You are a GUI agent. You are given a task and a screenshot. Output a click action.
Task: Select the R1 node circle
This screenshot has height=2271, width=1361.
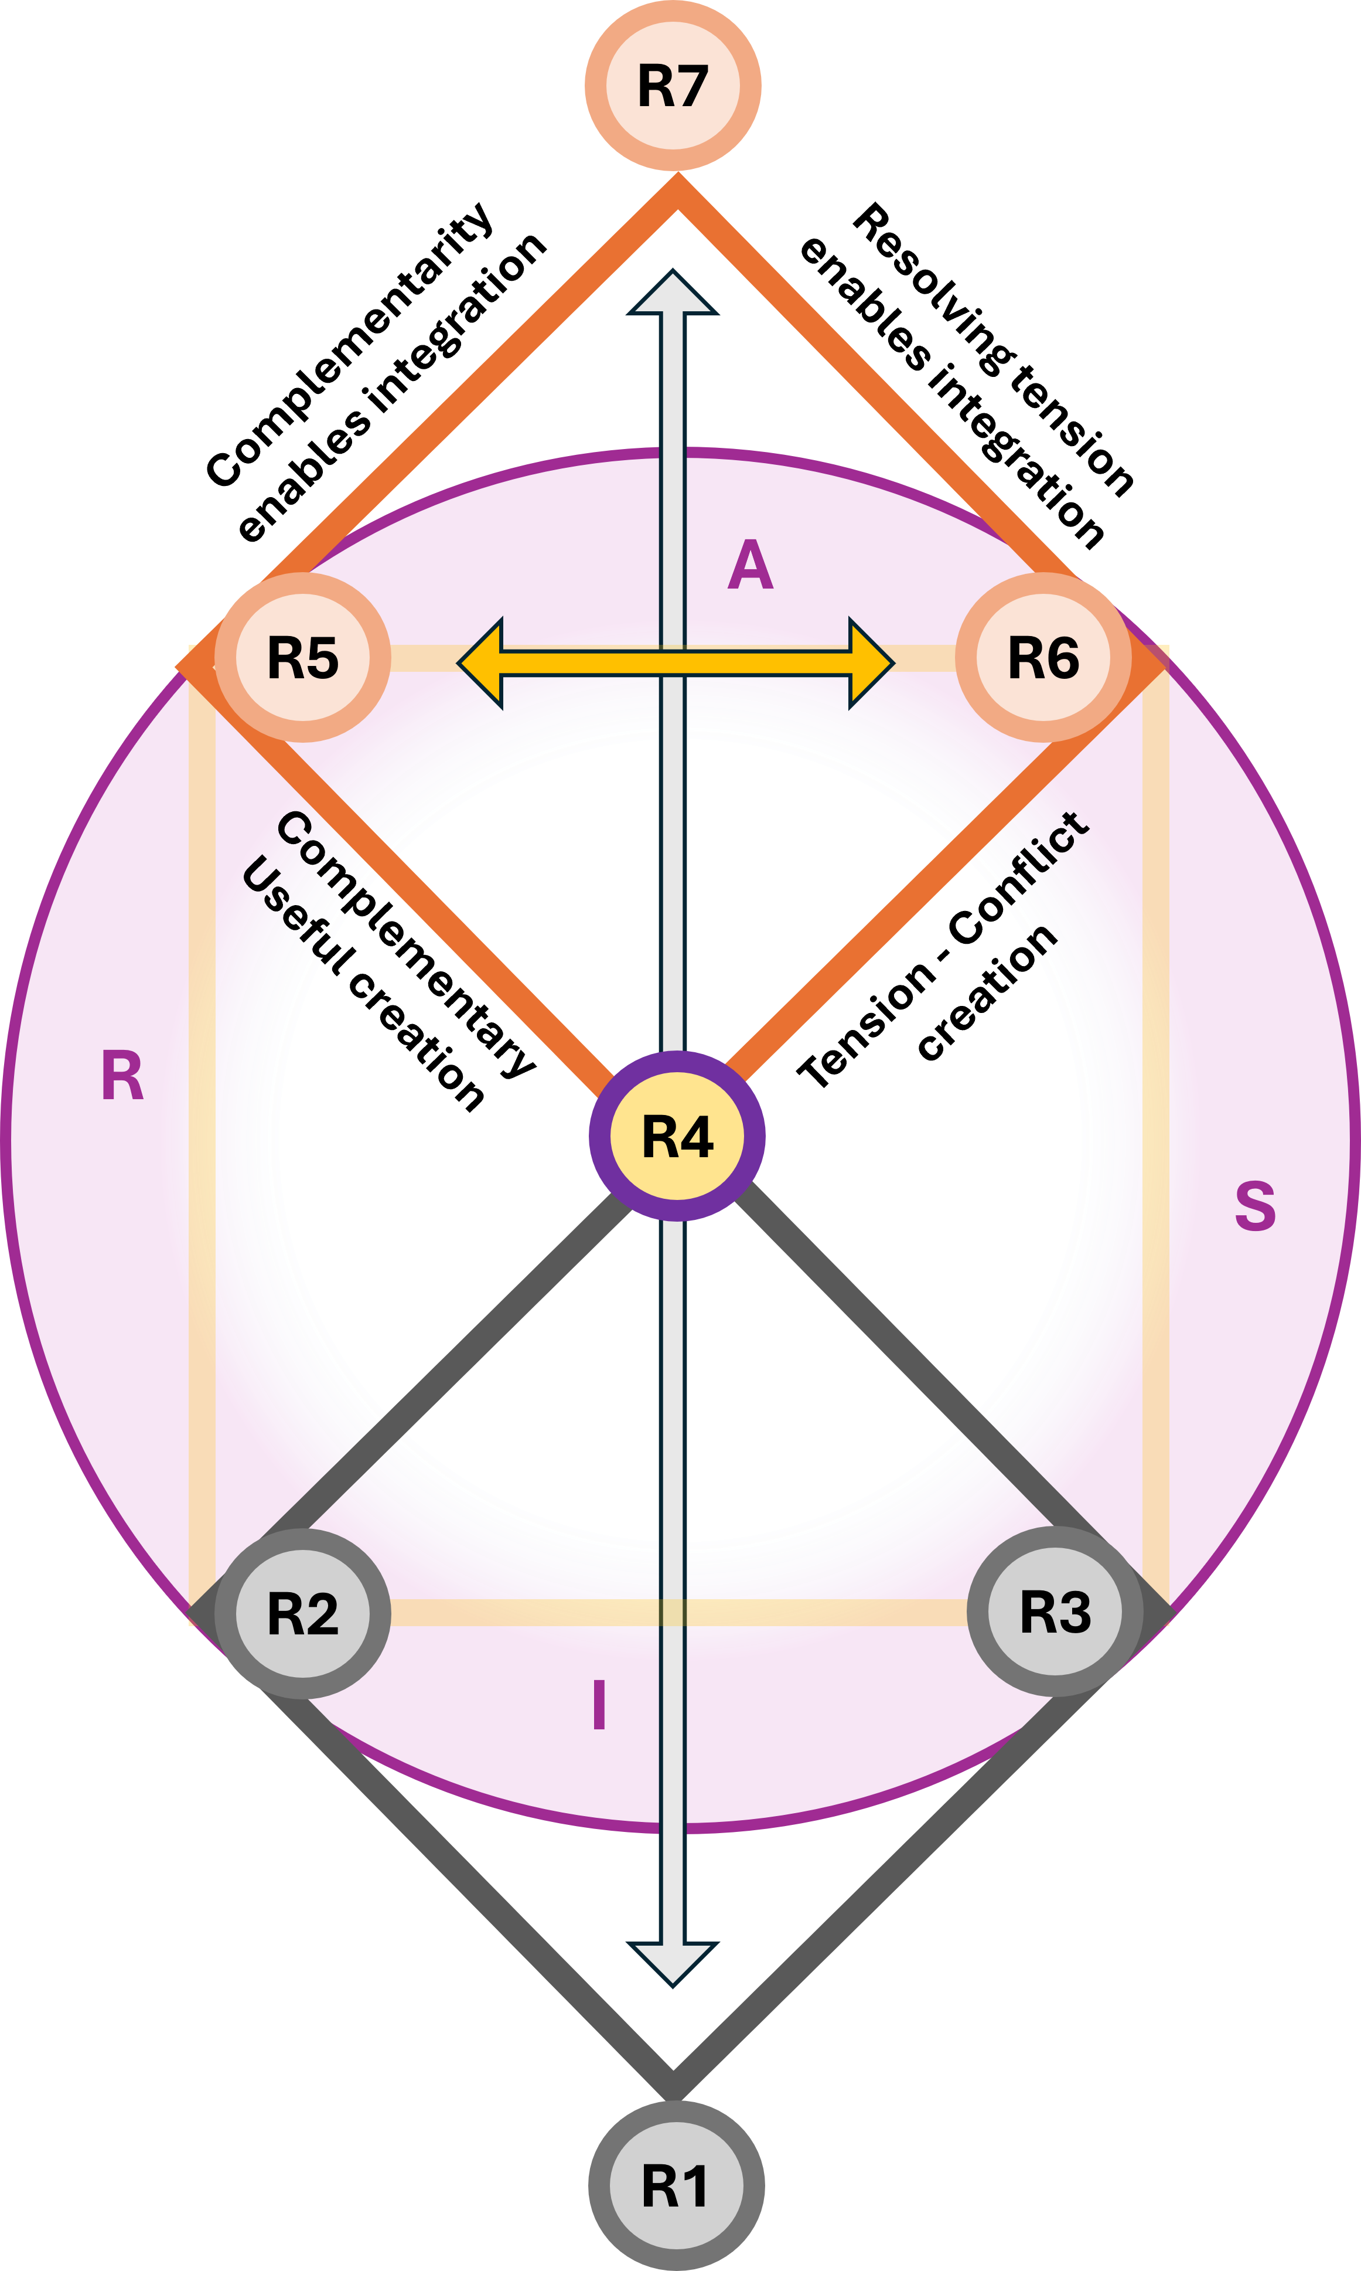pos(676,2185)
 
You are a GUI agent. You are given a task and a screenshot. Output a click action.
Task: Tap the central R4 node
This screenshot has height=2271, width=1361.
pos(677,1136)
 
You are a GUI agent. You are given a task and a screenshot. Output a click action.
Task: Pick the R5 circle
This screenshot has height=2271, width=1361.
pos(303,657)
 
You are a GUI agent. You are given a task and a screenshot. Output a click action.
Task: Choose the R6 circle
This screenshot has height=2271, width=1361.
pos(1043,657)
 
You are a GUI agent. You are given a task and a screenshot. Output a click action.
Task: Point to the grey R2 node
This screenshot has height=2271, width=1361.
pos(303,1613)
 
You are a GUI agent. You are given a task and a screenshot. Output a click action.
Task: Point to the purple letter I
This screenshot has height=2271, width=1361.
pos(599,1704)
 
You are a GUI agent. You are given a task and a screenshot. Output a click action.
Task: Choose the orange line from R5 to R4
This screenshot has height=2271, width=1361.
pos(495,954)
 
